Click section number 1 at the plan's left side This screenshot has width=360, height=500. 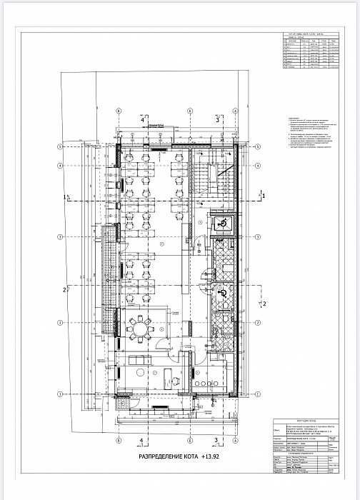pos(66,195)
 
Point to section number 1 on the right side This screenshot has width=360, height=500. pos(264,194)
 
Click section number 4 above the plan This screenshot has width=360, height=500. pos(142,120)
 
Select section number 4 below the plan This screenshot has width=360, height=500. pos(142,440)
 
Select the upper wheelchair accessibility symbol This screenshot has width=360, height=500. pos(222,224)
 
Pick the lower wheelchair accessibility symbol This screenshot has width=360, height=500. pos(222,293)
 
